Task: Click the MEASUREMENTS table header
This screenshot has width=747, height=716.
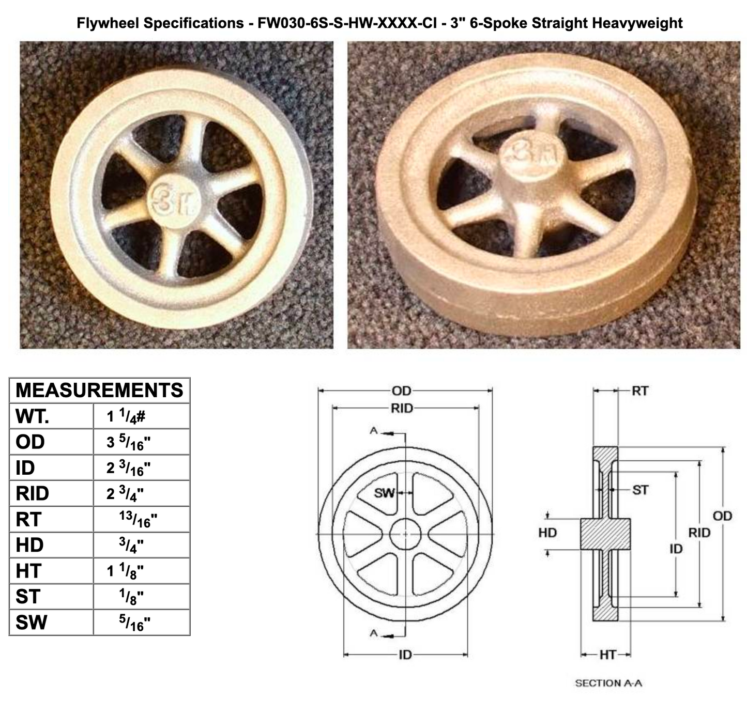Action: click(99, 390)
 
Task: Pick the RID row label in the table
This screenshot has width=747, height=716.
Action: click(32, 493)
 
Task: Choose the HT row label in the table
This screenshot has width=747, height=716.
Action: click(28, 571)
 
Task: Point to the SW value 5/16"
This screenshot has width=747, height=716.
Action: click(134, 622)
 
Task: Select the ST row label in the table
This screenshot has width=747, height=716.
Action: click(27, 597)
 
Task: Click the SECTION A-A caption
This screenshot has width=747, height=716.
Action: click(608, 683)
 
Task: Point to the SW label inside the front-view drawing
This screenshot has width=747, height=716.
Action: click(384, 493)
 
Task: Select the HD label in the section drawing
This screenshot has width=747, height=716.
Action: click(547, 532)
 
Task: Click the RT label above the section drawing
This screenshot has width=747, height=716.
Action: click(640, 391)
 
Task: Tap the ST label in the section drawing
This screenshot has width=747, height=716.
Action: click(640, 489)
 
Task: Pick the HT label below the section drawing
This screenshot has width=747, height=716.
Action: click(607, 655)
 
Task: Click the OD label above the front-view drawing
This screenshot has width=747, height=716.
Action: click(401, 391)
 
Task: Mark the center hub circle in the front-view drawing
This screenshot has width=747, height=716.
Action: click(405, 534)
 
